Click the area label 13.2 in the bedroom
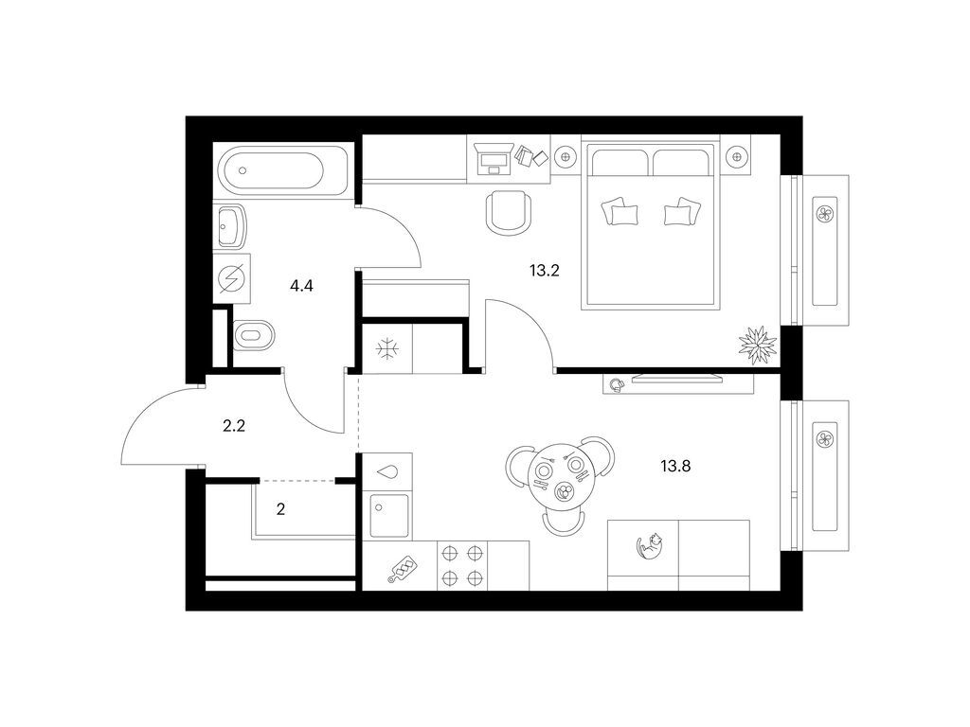click(545, 270)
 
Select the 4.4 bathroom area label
click(301, 285)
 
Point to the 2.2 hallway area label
click(234, 426)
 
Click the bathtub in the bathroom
click(274, 171)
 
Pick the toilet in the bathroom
click(253, 334)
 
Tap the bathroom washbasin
click(231, 225)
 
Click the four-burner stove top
click(461, 565)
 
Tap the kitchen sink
click(388, 516)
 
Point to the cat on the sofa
click(651, 546)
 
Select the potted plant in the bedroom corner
click(757, 343)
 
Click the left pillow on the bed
click(619, 212)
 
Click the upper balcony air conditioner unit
click(822, 213)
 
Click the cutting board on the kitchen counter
click(401, 569)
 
